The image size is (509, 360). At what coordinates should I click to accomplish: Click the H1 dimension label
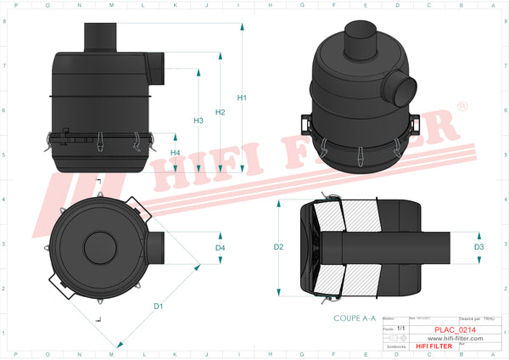(242, 98)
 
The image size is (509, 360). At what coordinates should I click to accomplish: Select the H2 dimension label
(221, 112)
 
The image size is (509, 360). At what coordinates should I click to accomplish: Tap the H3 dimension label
(199, 121)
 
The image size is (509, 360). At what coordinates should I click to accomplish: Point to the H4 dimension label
(175, 152)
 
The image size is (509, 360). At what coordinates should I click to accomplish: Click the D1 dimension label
(158, 305)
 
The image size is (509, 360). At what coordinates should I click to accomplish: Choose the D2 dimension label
(278, 247)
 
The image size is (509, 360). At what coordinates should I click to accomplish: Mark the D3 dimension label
(479, 247)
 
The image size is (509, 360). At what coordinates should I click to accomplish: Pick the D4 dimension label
(220, 248)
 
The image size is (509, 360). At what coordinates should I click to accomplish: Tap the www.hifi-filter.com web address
(450, 338)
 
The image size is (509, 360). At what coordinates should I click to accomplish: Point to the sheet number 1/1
(401, 327)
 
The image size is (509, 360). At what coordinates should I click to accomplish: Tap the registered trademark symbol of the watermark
(461, 107)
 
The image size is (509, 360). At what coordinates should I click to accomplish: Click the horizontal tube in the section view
(399, 247)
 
